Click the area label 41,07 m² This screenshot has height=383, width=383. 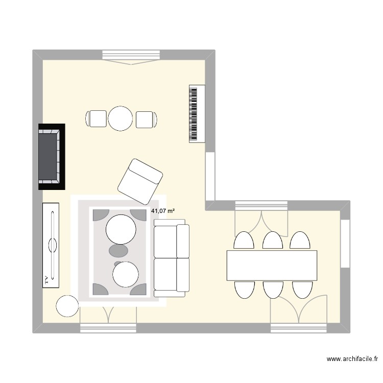click(x=163, y=210)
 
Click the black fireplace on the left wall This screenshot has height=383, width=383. click(x=51, y=156)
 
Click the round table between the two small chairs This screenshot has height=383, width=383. click(x=121, y=118)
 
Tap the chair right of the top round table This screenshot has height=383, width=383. click(x=146, y=119)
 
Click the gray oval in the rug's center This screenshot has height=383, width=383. click(x=118, y=250)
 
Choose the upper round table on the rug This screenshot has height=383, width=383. click(x=121, y=229)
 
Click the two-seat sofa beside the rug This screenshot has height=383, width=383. click(x=171, y=258)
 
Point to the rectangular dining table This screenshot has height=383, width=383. click(x=272, y=265)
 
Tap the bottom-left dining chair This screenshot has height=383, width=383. click(x=244, y=290)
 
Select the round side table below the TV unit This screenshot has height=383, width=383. click(x=67, y=306)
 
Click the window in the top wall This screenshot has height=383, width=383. click(x=132, y=55)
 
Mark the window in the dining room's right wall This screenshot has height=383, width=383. click(x=346, y=244)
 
